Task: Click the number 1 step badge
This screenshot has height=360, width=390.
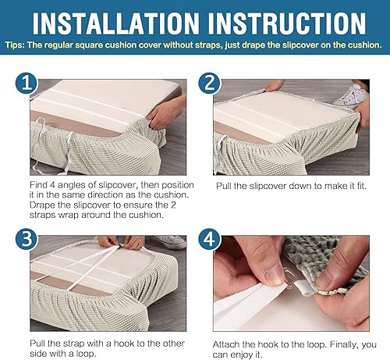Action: pyautogui.click(x=27, y=83)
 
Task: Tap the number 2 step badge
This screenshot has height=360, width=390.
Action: pyautogui.click(x=210, y=83)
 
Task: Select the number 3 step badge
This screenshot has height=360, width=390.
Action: pyautogui.click(x=27, y=239)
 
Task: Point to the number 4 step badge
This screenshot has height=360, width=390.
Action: pyautogui.click(x=210, y=239)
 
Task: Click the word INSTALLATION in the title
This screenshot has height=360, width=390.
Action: pyautogui.click(x=115, y=23)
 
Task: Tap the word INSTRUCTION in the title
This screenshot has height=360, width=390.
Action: pyautogui.click(x=287, y=23)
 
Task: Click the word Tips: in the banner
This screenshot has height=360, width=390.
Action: pyautogui.click(x=15, y=45)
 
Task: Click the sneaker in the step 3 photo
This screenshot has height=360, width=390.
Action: pyautogui.click(x=169, y=242)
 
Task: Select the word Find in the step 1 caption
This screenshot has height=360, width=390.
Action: pyautogui.click(x=38, y=185)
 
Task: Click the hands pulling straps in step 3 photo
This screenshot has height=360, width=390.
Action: pyautogui.click(x=121, y=243)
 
